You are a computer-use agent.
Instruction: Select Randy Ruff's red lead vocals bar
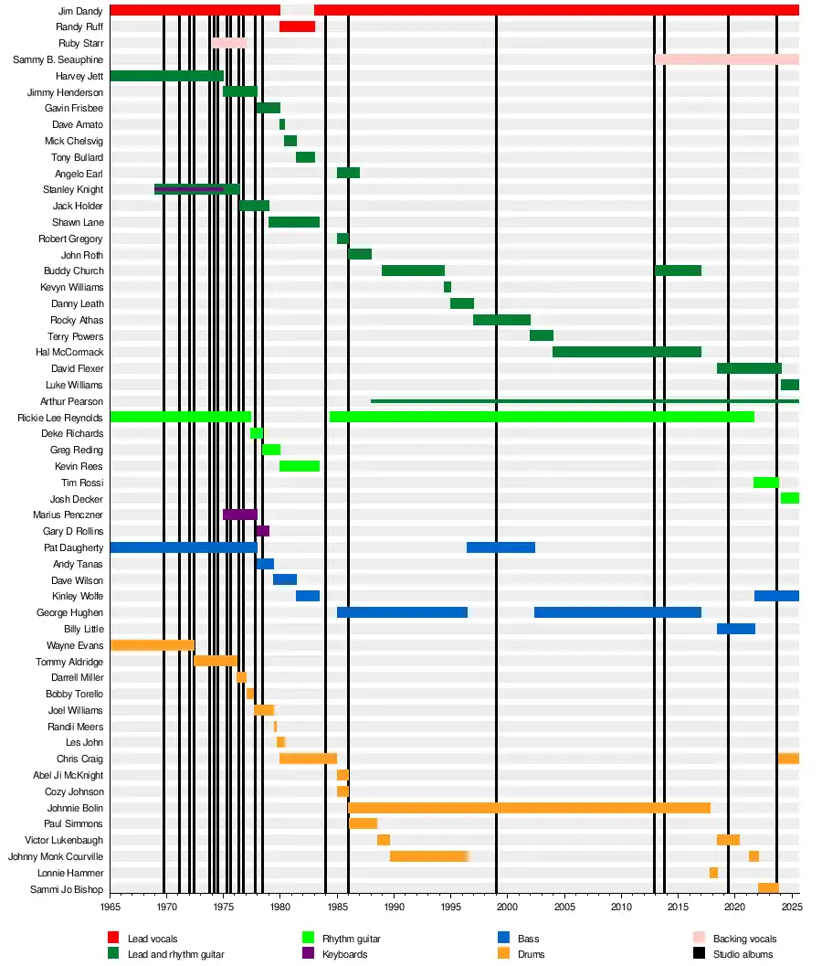click(297, 27)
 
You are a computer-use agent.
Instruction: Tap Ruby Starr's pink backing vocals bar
click(229, 43)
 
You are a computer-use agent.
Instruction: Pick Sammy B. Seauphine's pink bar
click(726, 59)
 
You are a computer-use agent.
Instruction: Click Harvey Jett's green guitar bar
click(166, 76)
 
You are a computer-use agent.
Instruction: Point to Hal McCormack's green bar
click(627, 352)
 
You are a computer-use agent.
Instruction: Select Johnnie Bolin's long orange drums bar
click(529, 808)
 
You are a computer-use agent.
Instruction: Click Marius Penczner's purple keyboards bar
click(240, 515)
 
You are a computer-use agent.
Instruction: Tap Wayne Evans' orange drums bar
click(152, 645)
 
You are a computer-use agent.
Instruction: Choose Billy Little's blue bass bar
click(735, 629)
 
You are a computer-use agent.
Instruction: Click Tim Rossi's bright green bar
click(765, 483)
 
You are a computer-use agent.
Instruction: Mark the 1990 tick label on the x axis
click(395, 907)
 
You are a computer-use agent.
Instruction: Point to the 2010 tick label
click(621, 907)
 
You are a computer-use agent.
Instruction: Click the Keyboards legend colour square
click(308, 954)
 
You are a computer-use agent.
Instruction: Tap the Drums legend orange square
click(503, 954)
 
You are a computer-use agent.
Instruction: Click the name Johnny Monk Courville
click(56, 856)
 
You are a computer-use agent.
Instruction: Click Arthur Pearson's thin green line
click(585, 401)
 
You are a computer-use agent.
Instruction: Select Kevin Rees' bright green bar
click(300, 466)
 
